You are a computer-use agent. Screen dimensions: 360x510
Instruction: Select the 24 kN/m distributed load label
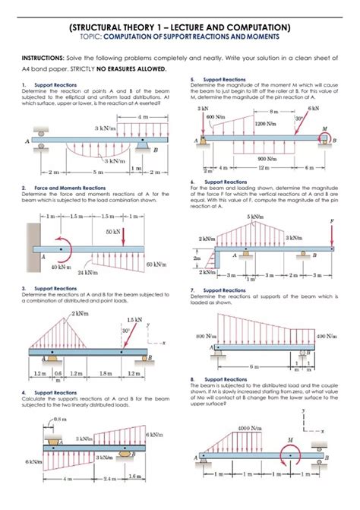[88, 272]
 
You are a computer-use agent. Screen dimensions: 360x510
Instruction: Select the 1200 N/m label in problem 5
[265, 122]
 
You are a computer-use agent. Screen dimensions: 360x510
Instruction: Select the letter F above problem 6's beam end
[332, 223]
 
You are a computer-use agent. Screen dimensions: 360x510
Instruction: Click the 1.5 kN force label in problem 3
[135, 319]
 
